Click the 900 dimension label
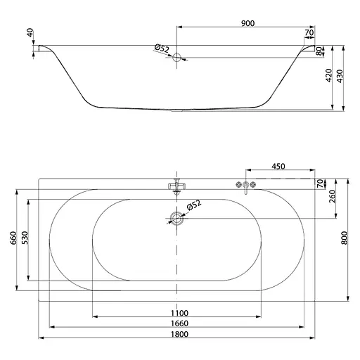point(247,23)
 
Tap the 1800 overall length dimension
point(179,334)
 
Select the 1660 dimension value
point(179,323)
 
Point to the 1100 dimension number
point(179,313)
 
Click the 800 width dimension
point(344,238)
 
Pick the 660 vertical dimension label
point(13,238)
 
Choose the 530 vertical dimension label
point(25,238)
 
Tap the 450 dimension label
point(278,167)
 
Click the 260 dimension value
point(333,196)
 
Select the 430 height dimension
point(340,76)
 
